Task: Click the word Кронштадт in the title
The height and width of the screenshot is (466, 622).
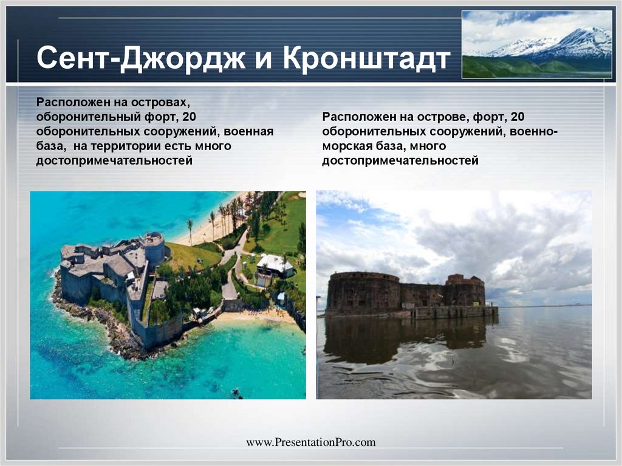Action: click(x=366, y=60)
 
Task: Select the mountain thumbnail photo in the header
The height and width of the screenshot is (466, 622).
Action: click(x=536, y=44)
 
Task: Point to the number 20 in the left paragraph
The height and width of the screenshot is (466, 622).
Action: click(x=190, y=117)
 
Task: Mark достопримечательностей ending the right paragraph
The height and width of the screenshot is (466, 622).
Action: click(x=400, y=161)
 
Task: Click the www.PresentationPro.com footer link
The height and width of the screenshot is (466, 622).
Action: click(x=310, y=442)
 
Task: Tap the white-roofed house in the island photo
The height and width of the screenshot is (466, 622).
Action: click(x=275, y=265)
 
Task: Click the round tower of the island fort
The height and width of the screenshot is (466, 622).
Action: click(x=154, y=247)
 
